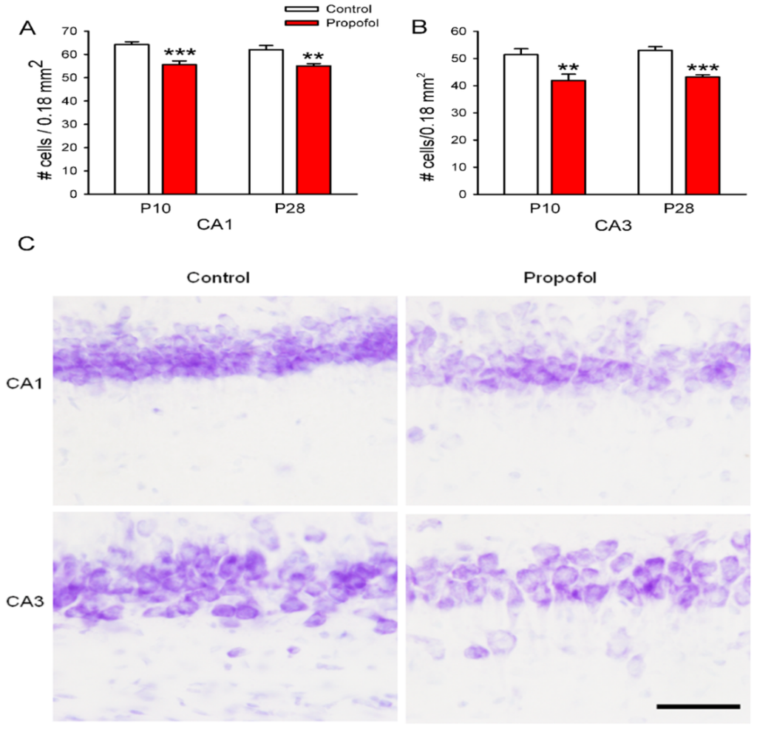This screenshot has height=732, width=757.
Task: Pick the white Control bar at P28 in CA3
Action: pyautogui.click(x=654, y=122)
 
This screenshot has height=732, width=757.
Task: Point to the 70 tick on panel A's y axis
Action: pyautogui.click(x=70, y=31)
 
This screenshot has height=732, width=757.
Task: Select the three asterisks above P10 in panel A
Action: pyautogui.click(x=180, y=53)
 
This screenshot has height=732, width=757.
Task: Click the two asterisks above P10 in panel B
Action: pyautogui.click(x=568, y=67)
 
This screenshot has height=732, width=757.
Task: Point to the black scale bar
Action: pyautogui.click(x=698, y=706)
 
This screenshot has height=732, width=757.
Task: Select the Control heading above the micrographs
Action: pyautogui.click(x=218, y=278)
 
